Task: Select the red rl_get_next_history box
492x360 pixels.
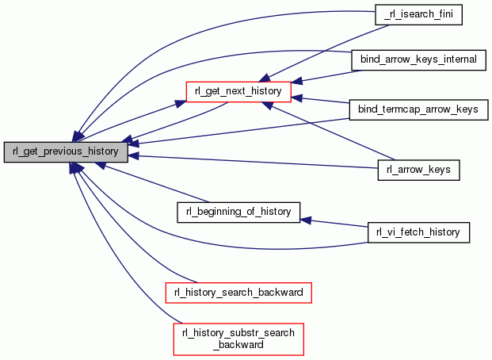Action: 238,90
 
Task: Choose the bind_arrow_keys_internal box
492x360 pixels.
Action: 417,59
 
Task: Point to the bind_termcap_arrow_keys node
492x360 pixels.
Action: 418,108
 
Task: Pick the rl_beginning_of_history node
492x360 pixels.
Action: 238,212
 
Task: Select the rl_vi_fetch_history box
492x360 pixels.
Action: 419,232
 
